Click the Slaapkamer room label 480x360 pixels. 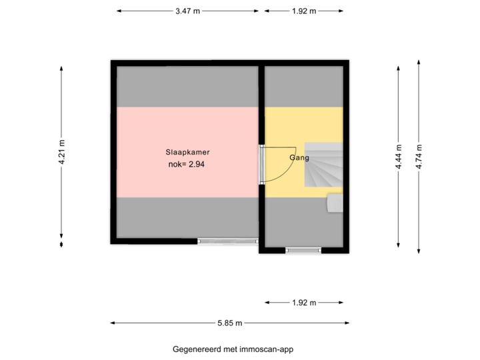183,152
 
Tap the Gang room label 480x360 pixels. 299,158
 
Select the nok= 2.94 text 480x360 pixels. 186,163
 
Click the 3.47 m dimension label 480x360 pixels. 187,11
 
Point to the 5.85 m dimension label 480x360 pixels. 230,323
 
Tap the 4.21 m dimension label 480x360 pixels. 61,153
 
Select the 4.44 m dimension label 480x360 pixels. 399,158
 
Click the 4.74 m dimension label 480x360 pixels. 419,158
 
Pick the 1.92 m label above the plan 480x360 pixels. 304,11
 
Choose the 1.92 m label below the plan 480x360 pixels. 304,303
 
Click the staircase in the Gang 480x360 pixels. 324,165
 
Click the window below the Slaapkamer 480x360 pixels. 228,241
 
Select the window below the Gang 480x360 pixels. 303,251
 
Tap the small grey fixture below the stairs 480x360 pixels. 335,203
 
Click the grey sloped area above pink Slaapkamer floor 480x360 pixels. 187,87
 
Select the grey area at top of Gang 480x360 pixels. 304,87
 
